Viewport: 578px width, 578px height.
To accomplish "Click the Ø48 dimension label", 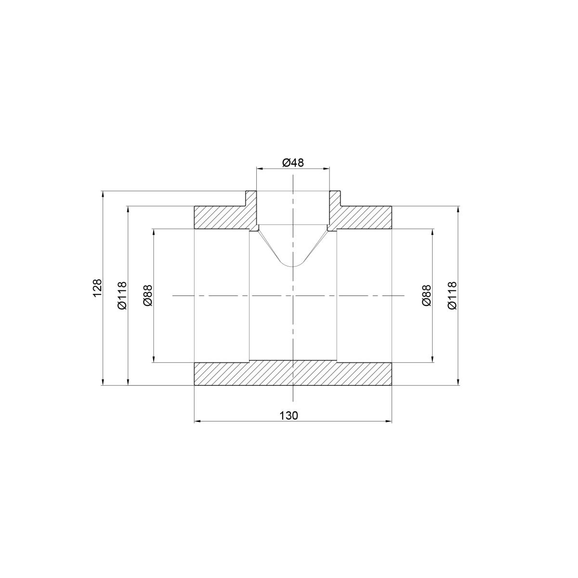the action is click(293, 163).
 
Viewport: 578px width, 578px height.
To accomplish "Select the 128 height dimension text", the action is click(98, 288).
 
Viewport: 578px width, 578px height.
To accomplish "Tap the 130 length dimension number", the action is click(289, 416).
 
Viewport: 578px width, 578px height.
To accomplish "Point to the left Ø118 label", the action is click(123, 295).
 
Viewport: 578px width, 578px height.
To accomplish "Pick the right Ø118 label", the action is click(452, 295).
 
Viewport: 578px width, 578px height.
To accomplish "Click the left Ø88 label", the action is click(148, 295).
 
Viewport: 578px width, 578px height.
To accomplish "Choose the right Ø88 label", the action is click(426, 295).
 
